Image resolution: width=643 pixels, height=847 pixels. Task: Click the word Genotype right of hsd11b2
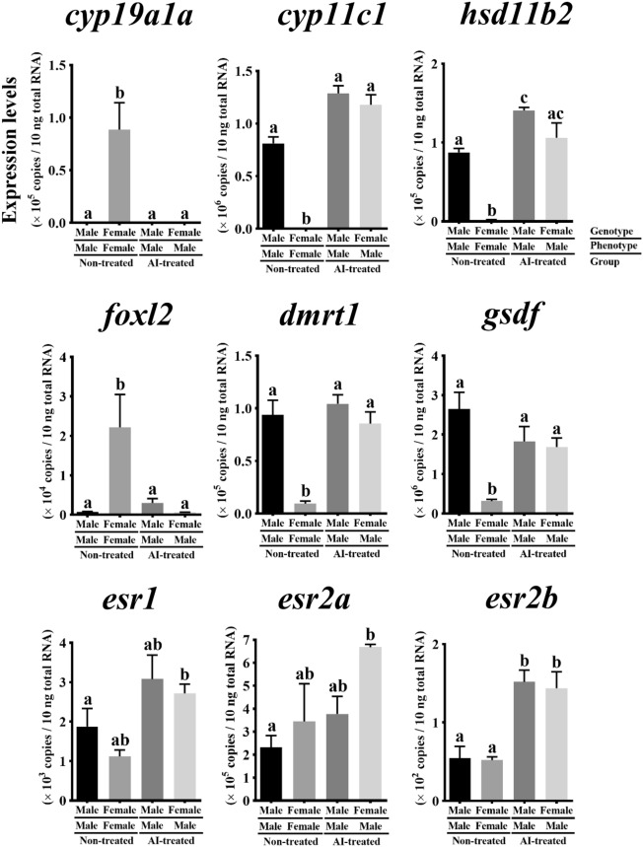607,229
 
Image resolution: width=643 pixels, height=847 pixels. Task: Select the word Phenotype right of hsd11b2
608,245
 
